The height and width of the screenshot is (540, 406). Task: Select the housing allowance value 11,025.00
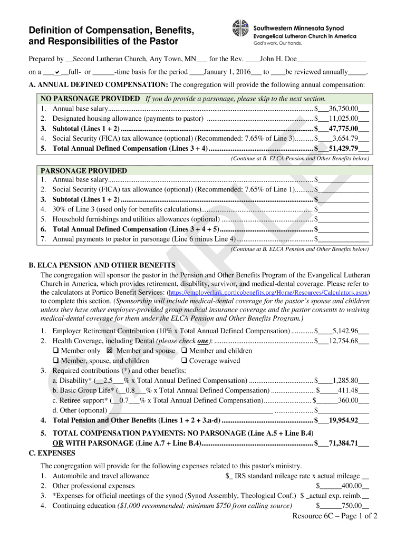click(x=344, y=118)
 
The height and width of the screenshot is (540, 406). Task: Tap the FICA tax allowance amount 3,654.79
click(x=345, y=138)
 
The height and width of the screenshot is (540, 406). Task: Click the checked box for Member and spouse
click(x=110, y=351)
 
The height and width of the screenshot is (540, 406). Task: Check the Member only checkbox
click(x=55, y=351)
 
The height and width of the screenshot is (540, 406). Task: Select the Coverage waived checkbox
click(x=184, y=361)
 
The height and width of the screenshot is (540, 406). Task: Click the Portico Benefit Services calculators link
click(x=268, y=292)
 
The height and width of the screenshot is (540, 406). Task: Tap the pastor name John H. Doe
click(x=278, y=59)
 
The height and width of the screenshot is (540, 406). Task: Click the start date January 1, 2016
click(x=227, y=72)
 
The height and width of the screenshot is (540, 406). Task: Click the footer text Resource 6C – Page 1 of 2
click(x=335, y=516)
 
